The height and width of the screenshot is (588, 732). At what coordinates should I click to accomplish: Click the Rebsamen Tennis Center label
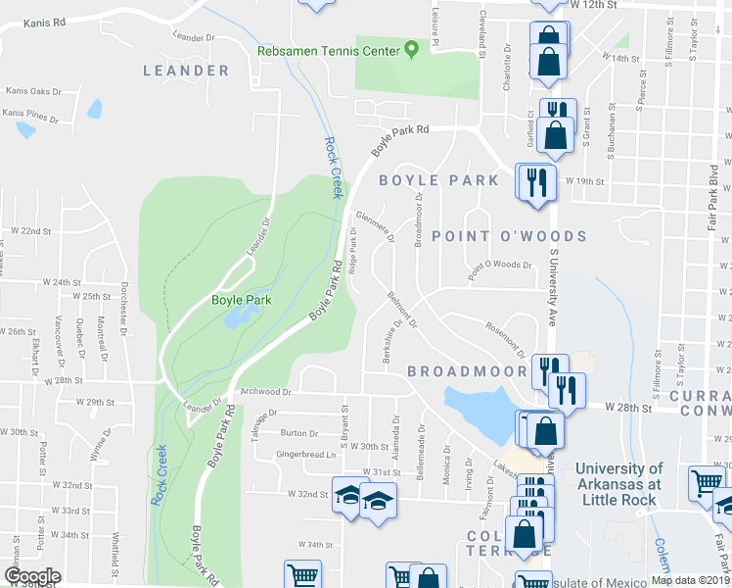click(x=328, y=51)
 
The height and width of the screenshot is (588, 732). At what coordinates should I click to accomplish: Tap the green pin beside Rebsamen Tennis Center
click(x=412, y=49)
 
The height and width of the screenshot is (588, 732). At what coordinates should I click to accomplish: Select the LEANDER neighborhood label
click(x=186, y=71)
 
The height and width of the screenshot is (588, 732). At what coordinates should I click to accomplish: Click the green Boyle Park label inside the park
click(x=241, y=300)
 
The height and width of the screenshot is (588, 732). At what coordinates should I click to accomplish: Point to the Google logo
click(x=32, y=576)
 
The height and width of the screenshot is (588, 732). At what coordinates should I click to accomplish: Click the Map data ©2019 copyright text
click(x=690, y=579)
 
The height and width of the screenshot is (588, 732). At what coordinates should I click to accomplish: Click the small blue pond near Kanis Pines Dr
click(x=95, y=109)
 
